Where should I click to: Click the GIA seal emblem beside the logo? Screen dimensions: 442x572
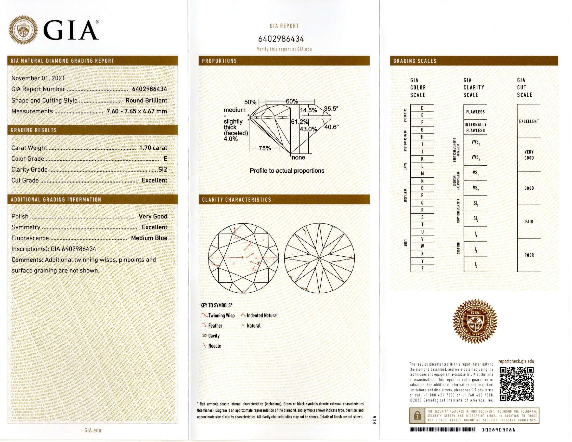23,30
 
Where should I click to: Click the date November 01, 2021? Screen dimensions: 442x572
38,78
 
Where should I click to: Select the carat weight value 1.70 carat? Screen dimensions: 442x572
153,148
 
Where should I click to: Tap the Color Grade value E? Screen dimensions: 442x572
165,158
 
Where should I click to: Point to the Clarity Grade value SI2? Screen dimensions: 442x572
163,170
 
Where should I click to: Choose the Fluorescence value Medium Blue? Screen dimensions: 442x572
149,238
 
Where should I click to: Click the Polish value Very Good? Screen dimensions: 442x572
153,216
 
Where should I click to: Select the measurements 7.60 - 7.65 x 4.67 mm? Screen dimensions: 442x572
137,111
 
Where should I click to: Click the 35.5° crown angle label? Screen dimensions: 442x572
331,108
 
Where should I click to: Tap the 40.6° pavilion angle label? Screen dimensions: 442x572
331,127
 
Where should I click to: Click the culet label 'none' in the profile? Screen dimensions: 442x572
298,158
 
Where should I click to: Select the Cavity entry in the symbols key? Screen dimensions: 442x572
214,336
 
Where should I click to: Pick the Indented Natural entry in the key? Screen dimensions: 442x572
262,316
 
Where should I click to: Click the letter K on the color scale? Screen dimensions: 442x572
422,159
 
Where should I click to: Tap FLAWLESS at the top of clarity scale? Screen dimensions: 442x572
475,112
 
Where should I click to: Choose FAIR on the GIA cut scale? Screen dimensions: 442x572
529,222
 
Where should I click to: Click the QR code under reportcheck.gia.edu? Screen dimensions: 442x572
516,384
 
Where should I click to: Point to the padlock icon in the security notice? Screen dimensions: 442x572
417,415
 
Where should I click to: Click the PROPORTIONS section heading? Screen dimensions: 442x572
219,61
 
